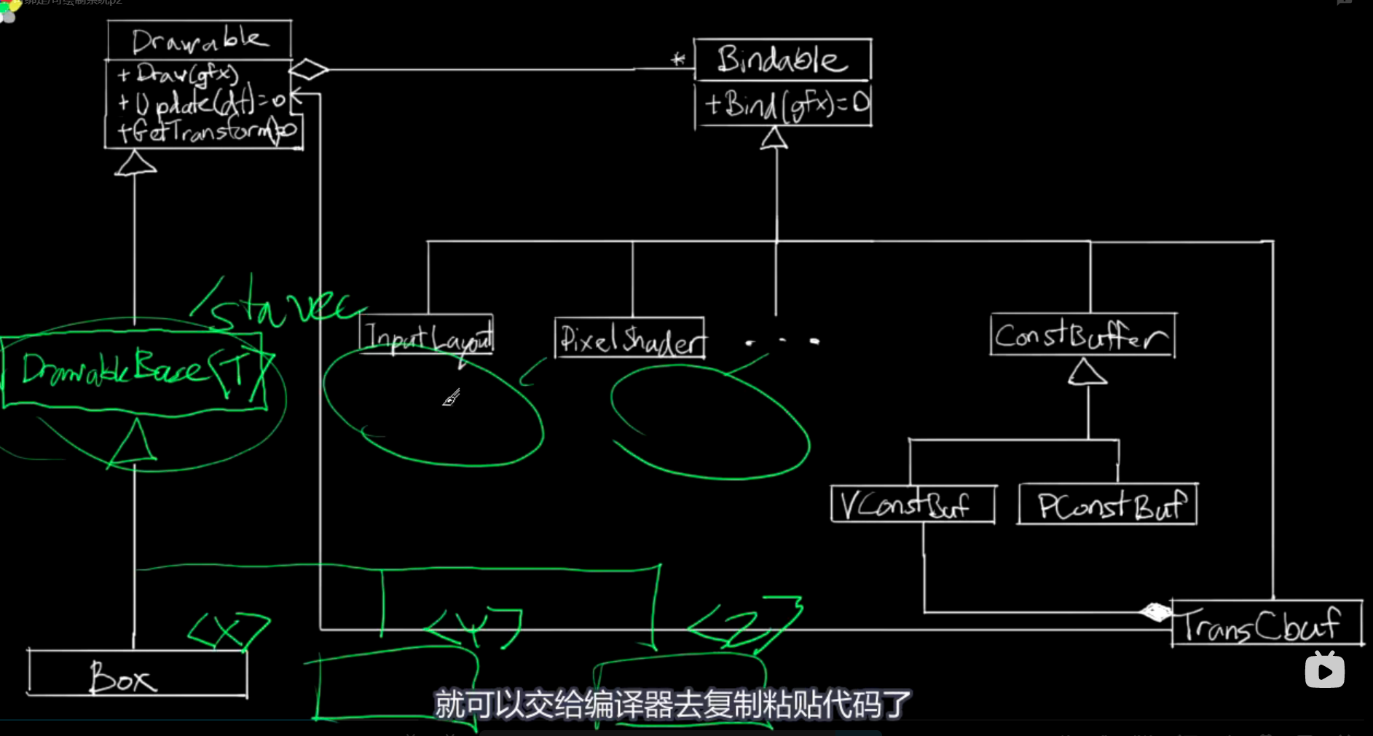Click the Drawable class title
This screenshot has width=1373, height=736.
click(x=198, y=40)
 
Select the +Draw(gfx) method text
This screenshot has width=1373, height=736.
click(x=178, y=74)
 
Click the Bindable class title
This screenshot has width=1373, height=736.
click(x=782, y=60)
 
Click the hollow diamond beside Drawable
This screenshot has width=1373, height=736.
click(x=309, y=70)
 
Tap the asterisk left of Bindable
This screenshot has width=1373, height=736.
click(x=678, y=60)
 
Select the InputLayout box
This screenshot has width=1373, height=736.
click(x=428, y=336)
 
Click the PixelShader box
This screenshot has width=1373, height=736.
click(x=631, y=339)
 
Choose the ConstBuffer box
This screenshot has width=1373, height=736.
click(x=1082, y=336)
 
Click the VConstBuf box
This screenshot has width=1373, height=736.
click(x=913, y=504)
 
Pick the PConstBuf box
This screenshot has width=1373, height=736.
click(x=1108, y=504)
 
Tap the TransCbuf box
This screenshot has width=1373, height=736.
click(x=1266, y=624)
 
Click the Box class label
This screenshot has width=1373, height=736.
click(x=122, y=677)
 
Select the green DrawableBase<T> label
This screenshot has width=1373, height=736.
click(x=135, y=370)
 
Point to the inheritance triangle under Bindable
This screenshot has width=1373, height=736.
click(x=774, y=138)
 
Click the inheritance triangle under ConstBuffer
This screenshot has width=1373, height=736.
click(x=1087, y=372)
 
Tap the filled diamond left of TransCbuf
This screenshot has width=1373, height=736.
click(x=1155, y=612)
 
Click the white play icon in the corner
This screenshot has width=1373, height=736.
click(x=1324, y=670)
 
